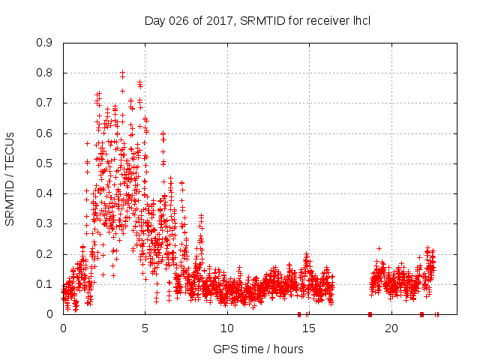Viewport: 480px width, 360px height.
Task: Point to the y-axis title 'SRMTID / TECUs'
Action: point(10,178)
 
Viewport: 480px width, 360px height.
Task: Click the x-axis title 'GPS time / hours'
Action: point(258,349)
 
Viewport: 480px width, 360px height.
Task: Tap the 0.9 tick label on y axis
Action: point(45,43)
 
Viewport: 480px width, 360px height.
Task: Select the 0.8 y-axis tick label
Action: point(45,73)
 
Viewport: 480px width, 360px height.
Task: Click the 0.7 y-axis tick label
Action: point(45,103)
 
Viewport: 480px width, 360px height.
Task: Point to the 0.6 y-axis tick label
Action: point(45,133)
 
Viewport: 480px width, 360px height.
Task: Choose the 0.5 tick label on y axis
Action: point(45,163)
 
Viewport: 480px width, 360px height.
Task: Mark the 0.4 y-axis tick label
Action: point(45,193)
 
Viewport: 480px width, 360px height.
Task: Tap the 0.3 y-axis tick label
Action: point(45,223)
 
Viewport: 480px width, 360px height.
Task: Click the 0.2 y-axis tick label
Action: point(45,253)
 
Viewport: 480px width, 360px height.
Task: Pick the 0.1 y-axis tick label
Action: point(45,284)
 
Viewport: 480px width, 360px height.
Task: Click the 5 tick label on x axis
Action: point(145,328)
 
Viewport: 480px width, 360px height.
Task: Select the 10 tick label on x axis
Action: point(227,328)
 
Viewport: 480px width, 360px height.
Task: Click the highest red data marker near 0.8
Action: point(122,73)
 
